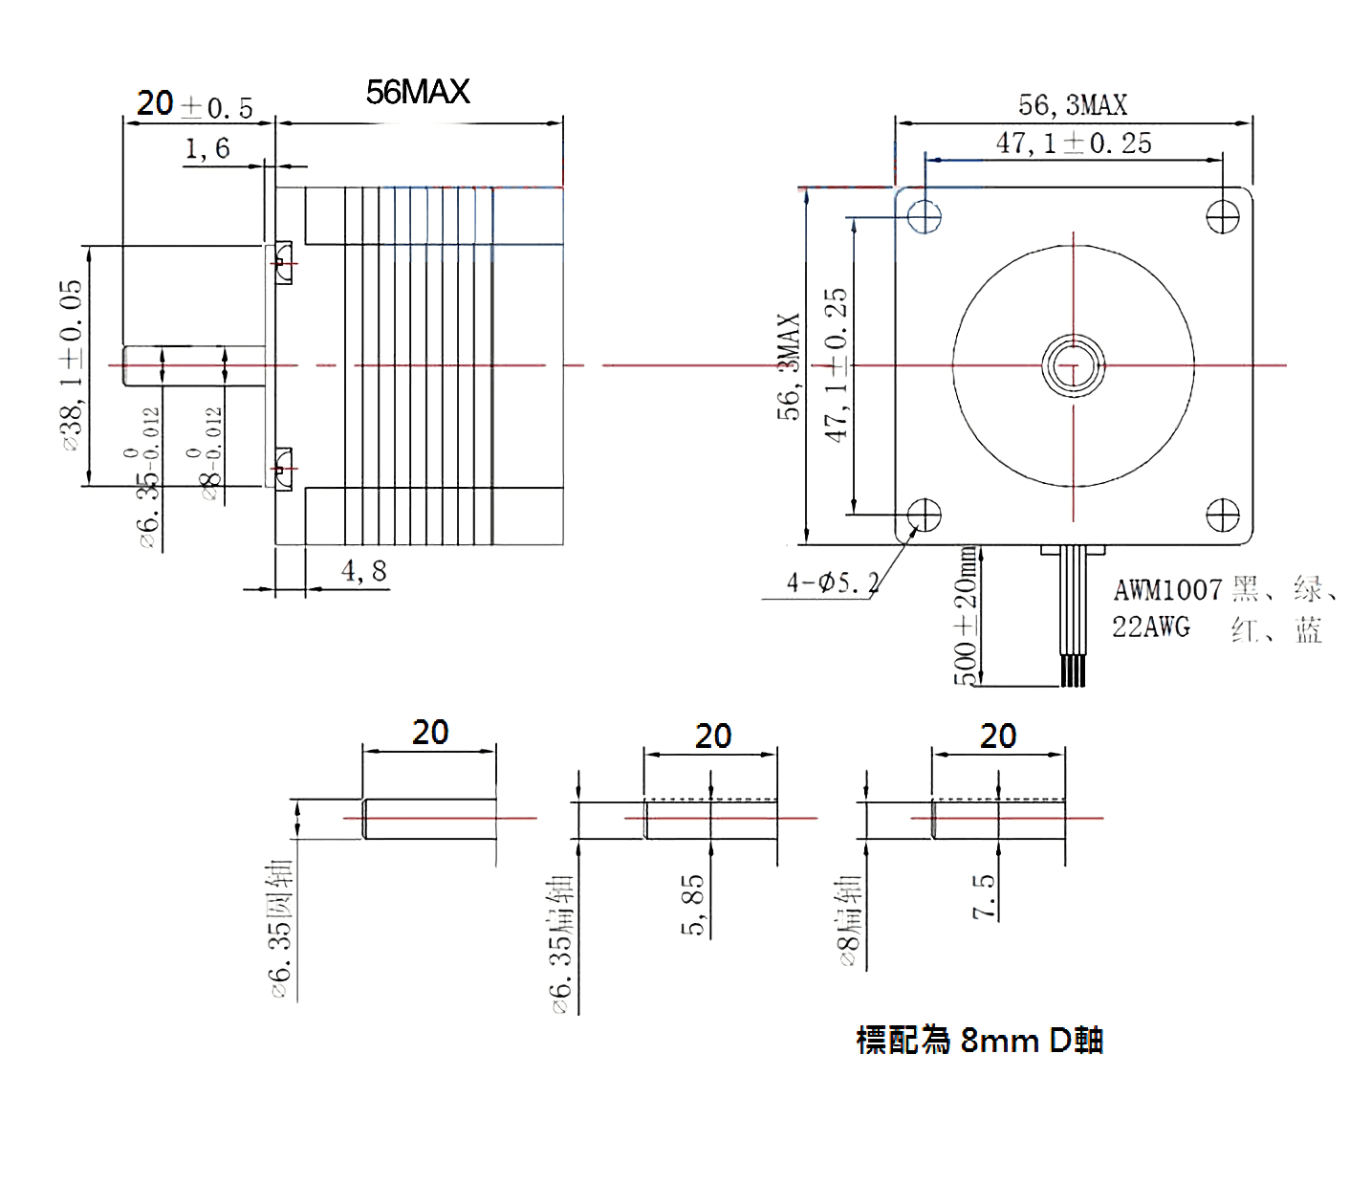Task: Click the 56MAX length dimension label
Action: click(x=418, y=92)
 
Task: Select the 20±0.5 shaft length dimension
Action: click(x=194, y=105)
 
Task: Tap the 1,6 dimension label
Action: click(x=207, y=148)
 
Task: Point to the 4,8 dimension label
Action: click(x=364, y=571)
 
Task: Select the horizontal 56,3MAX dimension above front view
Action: click(x=1073, y=104)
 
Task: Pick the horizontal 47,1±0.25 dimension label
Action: click(x=1074, y=143)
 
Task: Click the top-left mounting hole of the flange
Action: click(x=925, y=216)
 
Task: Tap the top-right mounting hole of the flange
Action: click(x=1223, y=216)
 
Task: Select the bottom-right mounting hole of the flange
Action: click(x=1223, y=516)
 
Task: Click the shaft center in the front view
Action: click(x=1073, y=365)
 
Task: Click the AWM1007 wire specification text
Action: click(x=1167, y=589)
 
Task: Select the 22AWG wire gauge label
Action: click(x=1151, y=627)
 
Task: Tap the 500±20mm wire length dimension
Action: click(x=967, y=618)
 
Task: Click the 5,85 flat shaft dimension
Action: click(x=693, y=903)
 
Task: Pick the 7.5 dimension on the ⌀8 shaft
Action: click(x=984, y=896)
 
